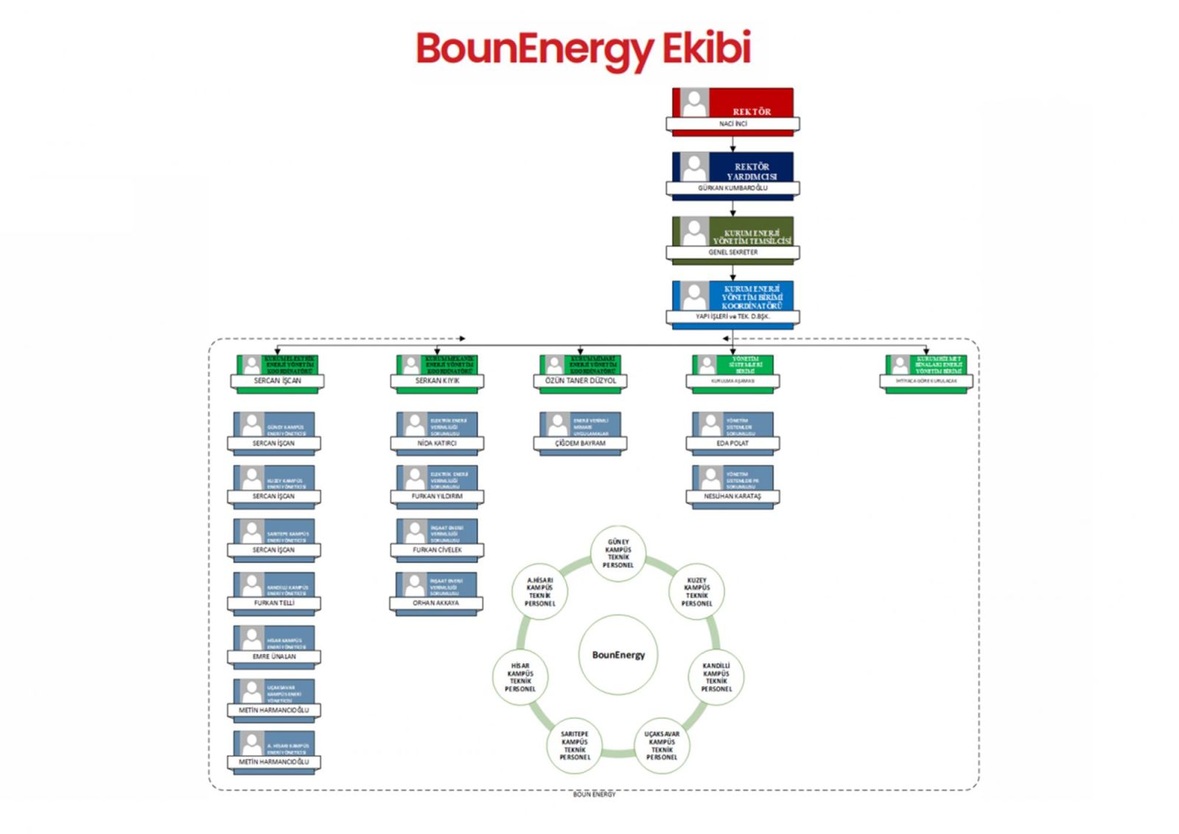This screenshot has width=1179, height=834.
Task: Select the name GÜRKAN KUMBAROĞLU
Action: [732, 188]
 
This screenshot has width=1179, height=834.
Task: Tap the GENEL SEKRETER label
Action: [732, 252]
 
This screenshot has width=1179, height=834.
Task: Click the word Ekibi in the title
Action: [706, 49]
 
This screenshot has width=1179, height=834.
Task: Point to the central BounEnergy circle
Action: [618, 655]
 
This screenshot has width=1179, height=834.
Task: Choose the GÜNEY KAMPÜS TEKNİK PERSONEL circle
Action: [618, 554]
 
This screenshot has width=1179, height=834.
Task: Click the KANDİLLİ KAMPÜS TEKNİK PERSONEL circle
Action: [716, 677]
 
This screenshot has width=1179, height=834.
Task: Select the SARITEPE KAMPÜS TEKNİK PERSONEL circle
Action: [575, 746]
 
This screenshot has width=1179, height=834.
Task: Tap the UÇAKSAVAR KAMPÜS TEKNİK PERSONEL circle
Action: [662, 746]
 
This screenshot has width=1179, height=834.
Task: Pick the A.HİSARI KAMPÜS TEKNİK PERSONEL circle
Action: [539, 592]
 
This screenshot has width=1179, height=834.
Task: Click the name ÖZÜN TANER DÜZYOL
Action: [581, 381]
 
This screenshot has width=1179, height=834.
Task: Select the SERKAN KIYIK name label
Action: [437, 381]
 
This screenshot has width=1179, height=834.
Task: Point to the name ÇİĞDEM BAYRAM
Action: [581, 444]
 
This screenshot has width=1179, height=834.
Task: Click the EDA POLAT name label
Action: [732, 444]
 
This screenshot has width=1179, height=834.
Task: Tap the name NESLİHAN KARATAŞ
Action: [732, 497]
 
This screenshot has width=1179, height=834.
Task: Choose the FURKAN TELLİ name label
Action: [274, 603]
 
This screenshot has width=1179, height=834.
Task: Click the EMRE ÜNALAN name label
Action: [274, 656]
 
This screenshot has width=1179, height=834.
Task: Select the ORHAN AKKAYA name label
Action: [435, 603]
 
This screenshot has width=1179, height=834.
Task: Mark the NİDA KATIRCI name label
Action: [437, 444]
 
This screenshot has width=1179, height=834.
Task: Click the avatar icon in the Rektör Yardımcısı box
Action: [693, 167]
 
